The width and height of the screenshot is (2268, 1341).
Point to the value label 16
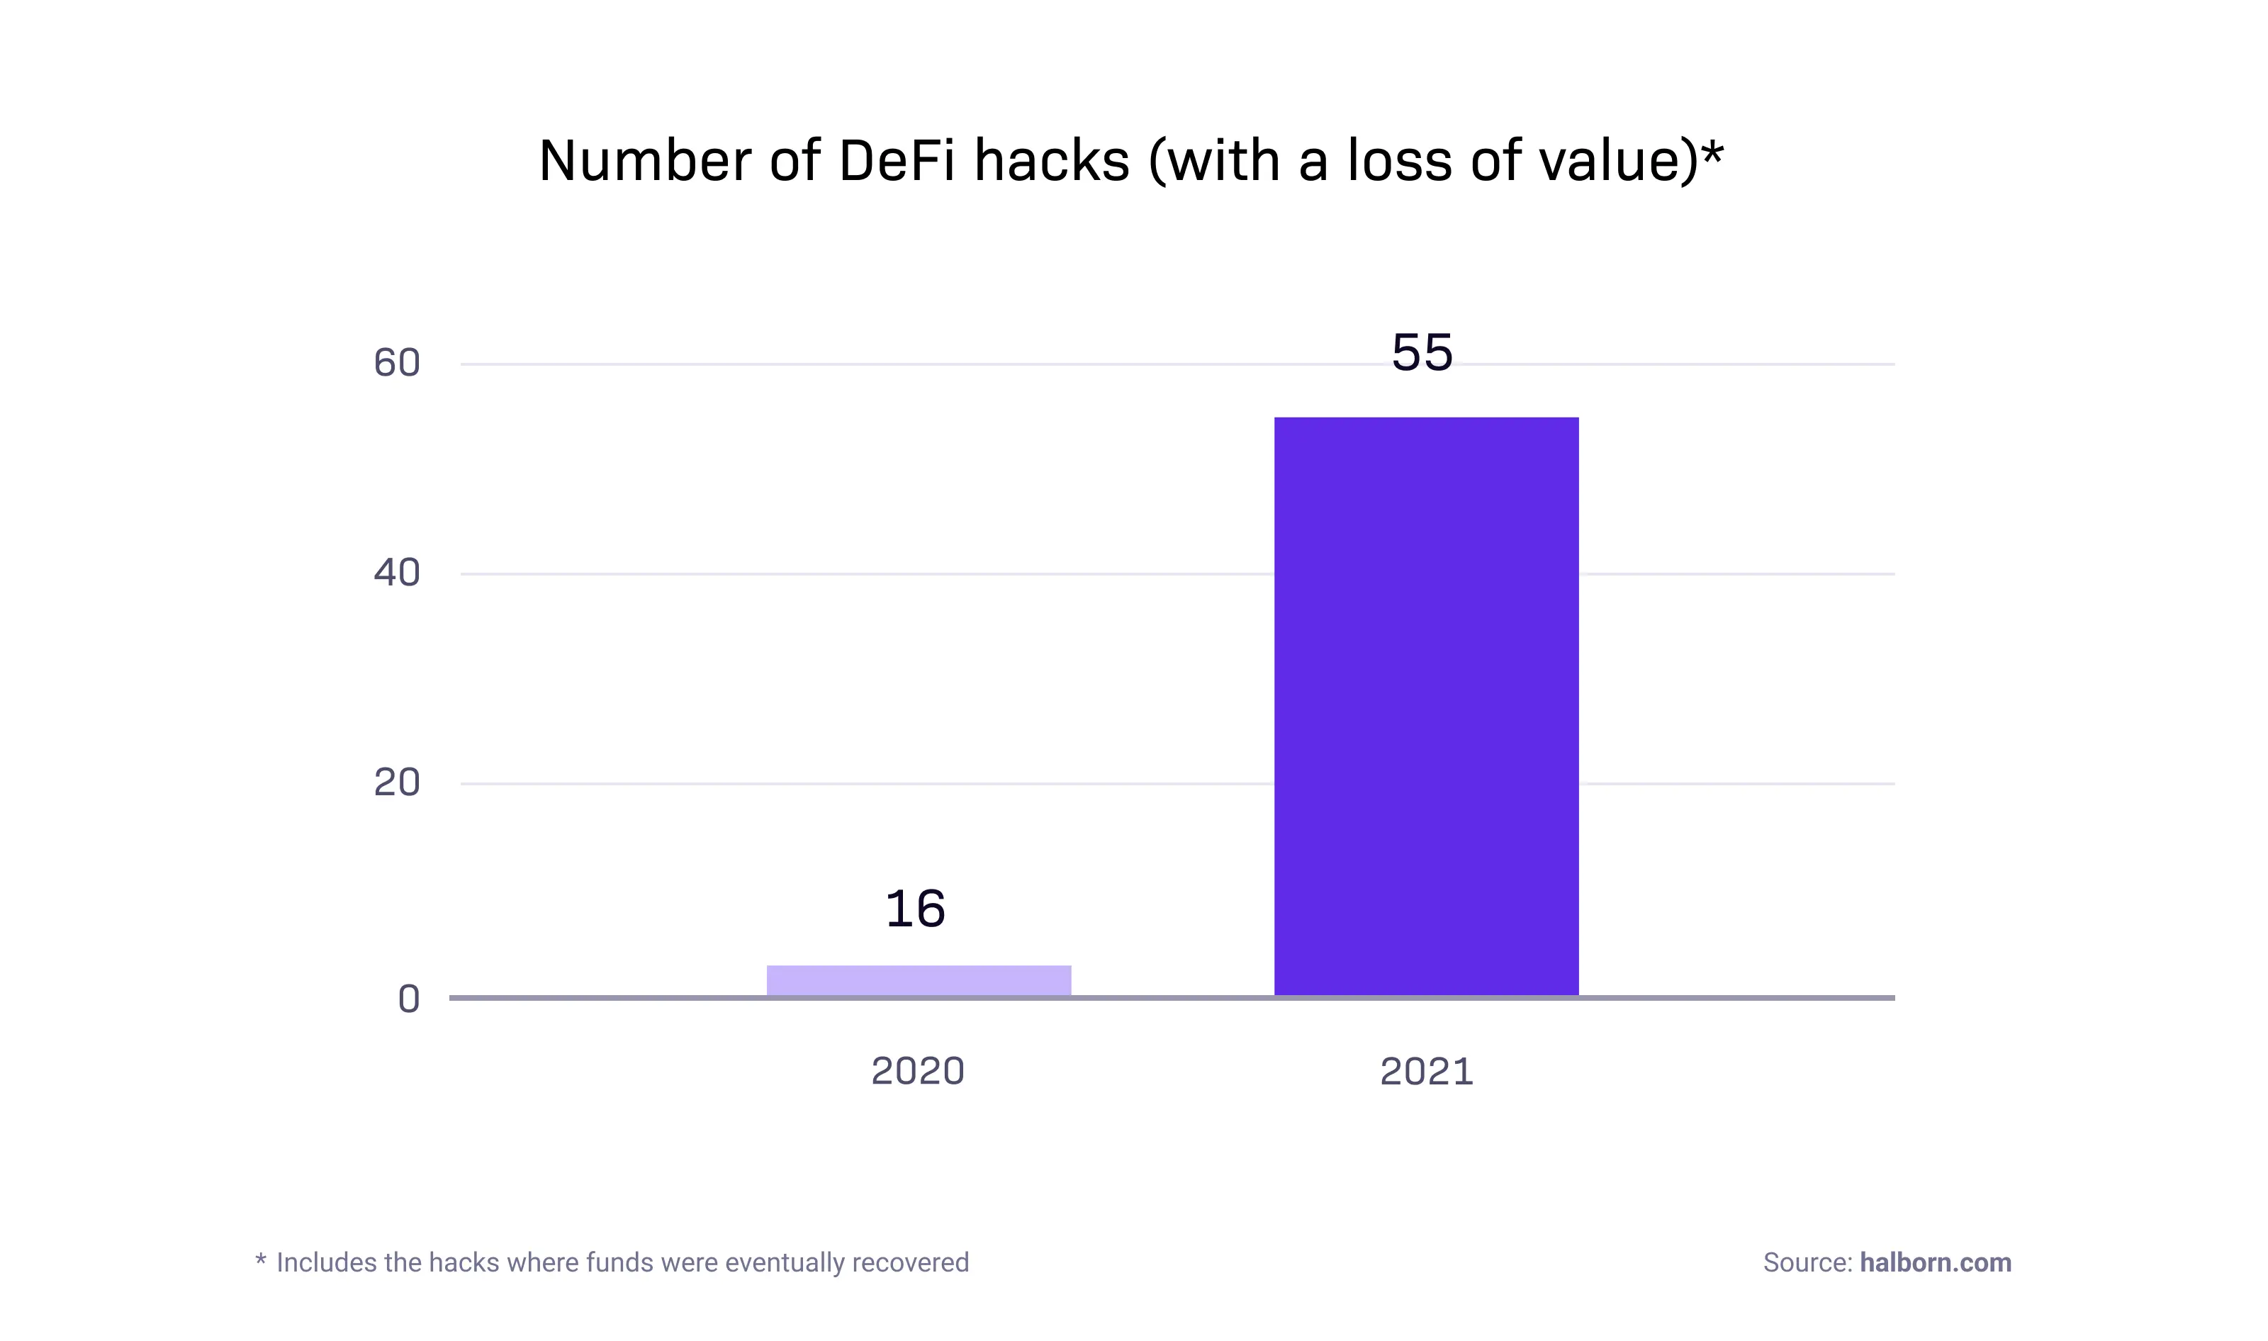914,909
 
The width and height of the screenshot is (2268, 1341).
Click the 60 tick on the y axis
397,364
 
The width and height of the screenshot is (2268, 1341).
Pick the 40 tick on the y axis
397,573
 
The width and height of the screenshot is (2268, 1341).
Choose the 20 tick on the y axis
397,782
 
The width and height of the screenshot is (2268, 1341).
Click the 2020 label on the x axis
917,1072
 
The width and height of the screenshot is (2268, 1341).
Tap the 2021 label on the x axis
1426,1072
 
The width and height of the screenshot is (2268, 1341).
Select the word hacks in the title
1052,161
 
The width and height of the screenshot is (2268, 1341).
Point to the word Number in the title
644,161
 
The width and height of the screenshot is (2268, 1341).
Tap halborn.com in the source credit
1935,1262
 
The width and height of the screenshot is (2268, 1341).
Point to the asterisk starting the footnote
260,1258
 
